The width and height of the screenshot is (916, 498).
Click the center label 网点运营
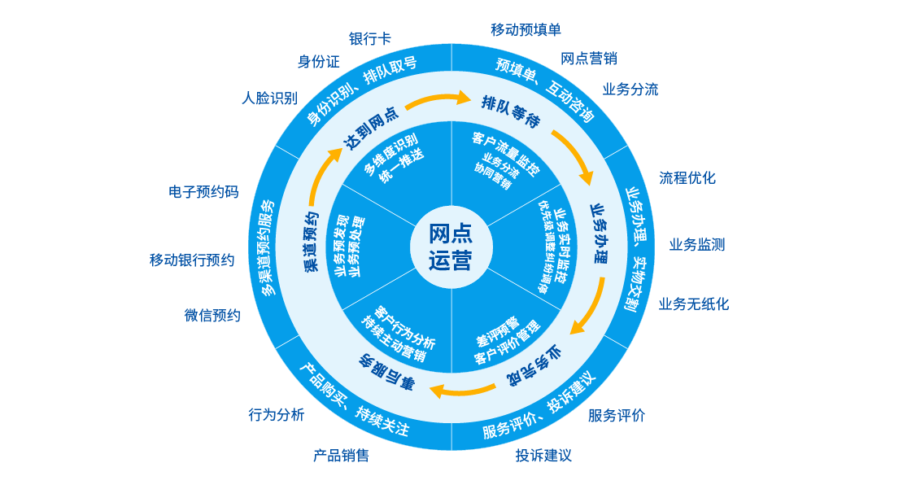[x=451, y=247]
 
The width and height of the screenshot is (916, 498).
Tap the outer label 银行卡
[x=369, y=38]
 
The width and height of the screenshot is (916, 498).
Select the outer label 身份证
[x=318, y=62]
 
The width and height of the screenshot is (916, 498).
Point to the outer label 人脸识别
[x=269, y=98]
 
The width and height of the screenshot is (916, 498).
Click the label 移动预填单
[x=526, y=30]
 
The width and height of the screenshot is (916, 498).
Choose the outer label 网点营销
[x=588, y=59]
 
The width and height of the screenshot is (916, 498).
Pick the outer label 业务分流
[x=630, y=90]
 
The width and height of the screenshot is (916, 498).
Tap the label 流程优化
[x=687, y=177]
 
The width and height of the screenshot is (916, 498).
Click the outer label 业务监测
[x=696, y=244]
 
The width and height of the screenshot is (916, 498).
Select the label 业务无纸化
[x=693, y=304]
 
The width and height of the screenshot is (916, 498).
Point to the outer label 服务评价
[x=616, y=416]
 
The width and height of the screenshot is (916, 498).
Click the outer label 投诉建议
[x=543, y=455]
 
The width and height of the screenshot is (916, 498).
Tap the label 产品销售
[x=341, y=455]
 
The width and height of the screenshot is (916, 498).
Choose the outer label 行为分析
[x=276, y=415]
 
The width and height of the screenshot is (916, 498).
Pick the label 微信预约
[x=212, y=316]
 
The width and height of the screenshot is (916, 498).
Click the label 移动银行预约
[x=191, y=260]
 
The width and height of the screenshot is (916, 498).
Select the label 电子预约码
[x=203, y=192]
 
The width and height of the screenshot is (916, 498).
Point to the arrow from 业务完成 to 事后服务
[x=460, y=388]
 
